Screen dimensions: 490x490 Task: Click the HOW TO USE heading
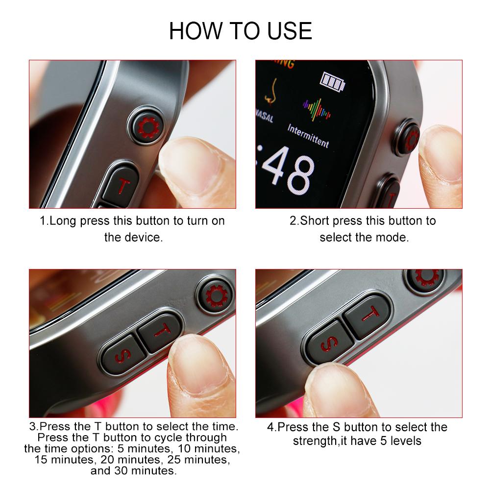[x=240, y=31]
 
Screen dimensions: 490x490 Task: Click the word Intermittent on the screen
[x=308, y=136]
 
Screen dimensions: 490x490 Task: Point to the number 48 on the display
[x=288, y=171]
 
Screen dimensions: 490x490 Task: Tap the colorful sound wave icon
[x=316, y=110]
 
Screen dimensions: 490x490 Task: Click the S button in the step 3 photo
[x=122, y=355]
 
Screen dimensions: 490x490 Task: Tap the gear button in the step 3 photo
[x=215, y=295]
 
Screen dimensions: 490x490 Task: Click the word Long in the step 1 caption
[x=63, y=221]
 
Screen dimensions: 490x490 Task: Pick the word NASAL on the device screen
[x=265, y=117]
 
